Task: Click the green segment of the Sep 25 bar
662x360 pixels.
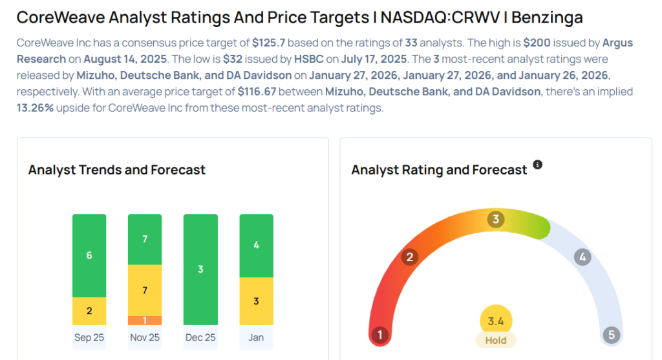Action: click(x=89, y=255)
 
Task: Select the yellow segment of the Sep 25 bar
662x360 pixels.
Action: click(x=89, y=311)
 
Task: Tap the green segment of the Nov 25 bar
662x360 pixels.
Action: click(x=145, y=239)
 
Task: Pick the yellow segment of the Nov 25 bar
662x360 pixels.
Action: click(x=145, y=290)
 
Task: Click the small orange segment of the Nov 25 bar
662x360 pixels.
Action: click(x=145, y=320)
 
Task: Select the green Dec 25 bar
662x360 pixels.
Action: click(x=200, y=270)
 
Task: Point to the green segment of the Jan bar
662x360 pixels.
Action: click(x=256, y=246)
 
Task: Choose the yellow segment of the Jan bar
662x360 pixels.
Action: click(x=256, y=301)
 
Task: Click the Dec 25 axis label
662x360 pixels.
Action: click(x=200, y=337)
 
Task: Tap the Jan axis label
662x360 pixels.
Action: click(x=256, y=337)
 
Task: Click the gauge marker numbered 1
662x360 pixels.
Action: click(x=380, y=335)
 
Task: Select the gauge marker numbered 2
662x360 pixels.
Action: click(x=409, y=257)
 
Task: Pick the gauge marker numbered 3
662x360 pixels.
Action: click(x=496, y=219)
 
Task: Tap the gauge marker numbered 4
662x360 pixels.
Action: click(x=582, y=257)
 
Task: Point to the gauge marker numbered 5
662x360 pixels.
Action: click(x=611, y=335)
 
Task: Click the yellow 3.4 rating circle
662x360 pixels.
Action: click(x=496, y=321)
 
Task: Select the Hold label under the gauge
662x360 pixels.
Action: click(x=496, y=340)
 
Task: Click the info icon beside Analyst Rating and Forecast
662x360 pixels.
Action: click(x=537, y=165)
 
